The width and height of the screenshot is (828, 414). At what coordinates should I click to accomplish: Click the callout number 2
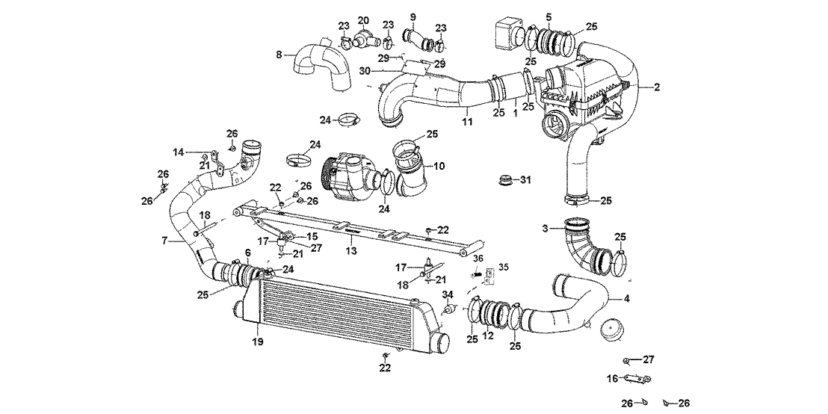click(x=657, y=87)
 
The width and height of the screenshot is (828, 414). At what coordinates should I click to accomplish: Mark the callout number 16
click(x=611, y=379)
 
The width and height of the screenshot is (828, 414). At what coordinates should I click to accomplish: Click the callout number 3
click(x=546, y=227)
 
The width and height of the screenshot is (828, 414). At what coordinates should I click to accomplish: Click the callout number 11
click(x=466, y=120)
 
